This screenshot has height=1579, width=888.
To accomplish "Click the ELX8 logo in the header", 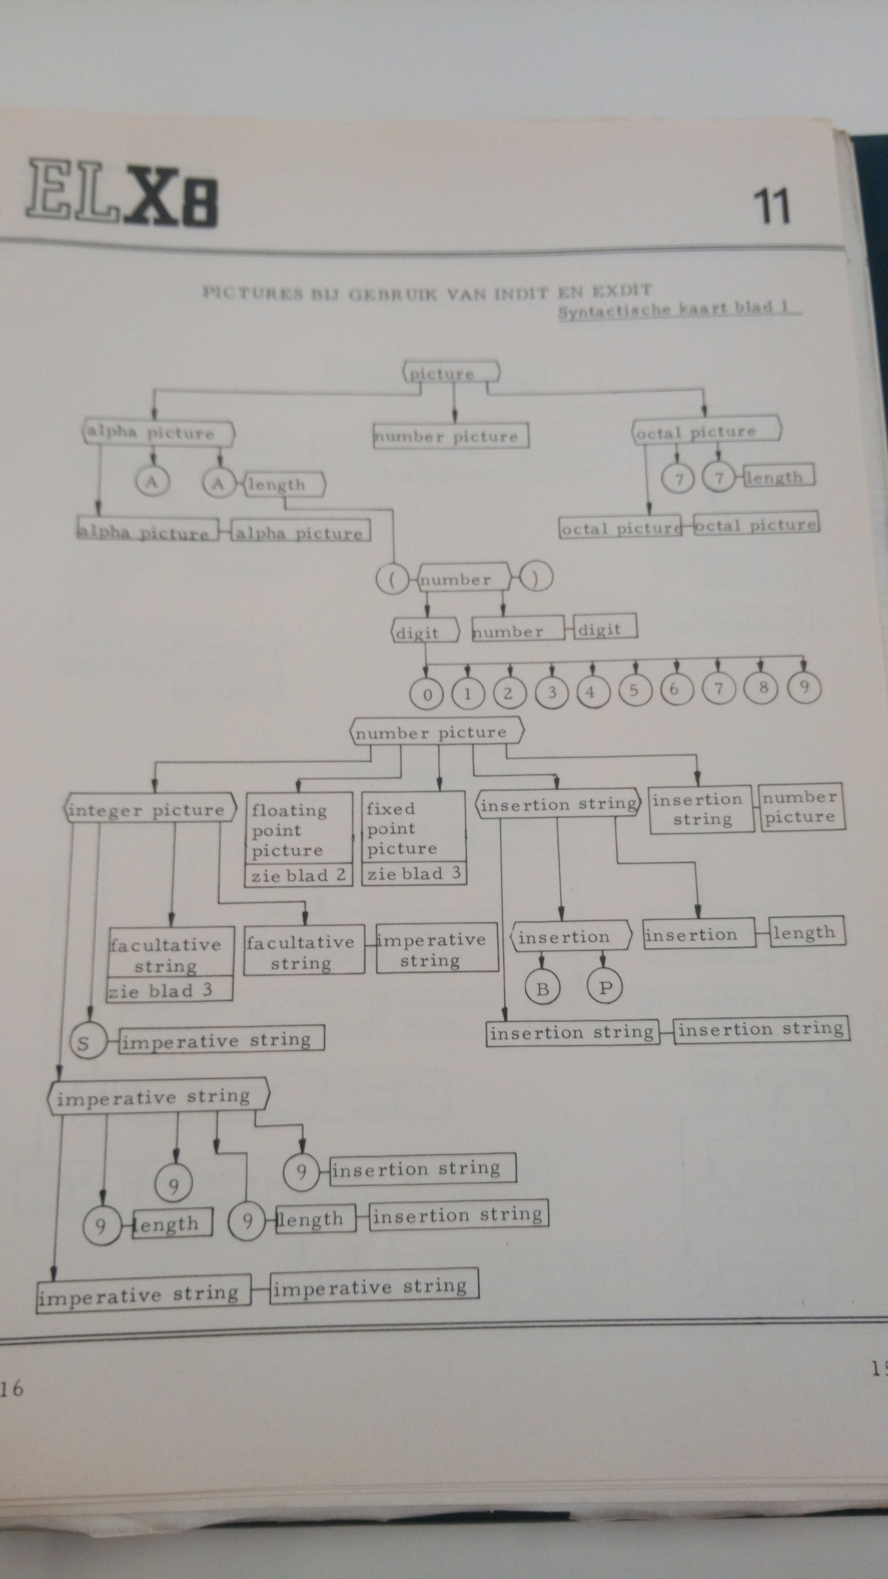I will tap(121, 193).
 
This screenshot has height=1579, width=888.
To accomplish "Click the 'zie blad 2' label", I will tap(299, 875).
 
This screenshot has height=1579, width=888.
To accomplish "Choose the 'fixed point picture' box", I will tap(414, 827).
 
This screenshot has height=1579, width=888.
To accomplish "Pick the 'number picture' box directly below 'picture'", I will tap(450, 436).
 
